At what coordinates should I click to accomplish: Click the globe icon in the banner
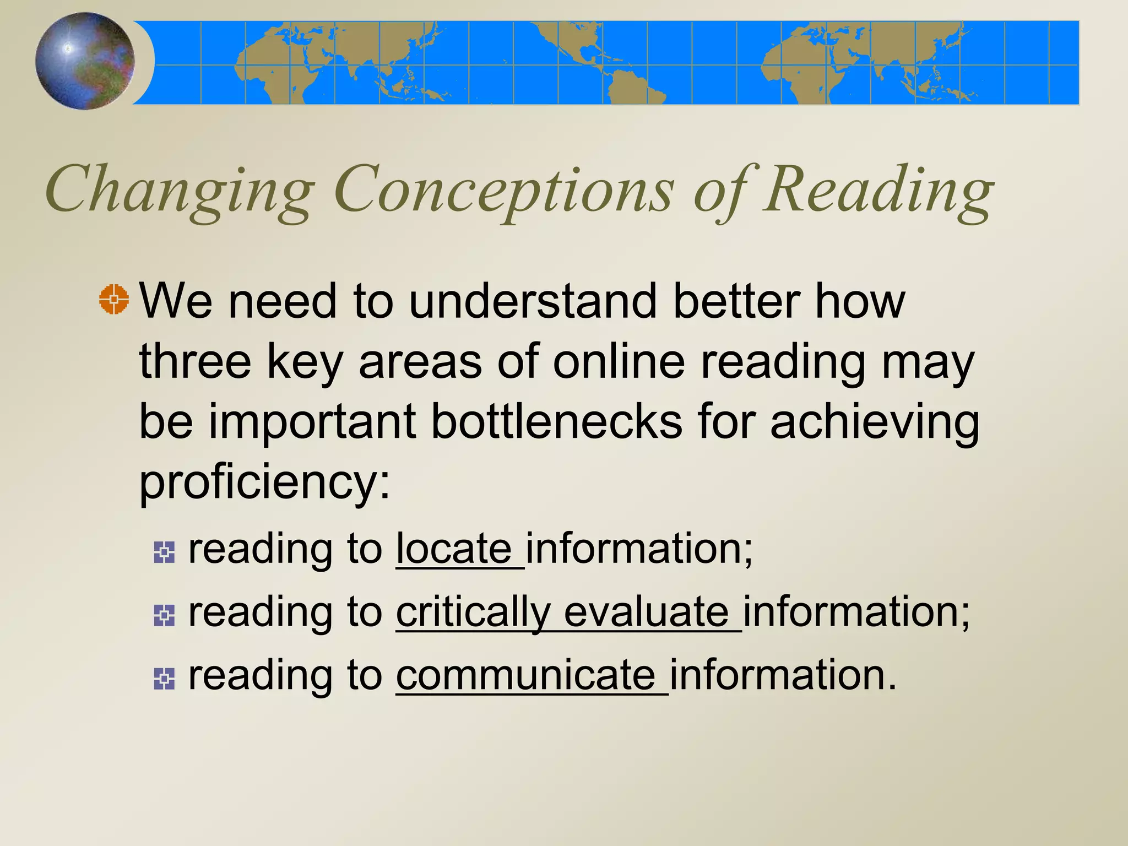(x=85, y=61)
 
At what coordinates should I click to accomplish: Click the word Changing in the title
(x=180, y=190)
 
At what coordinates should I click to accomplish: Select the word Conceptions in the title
(x=503, y=190)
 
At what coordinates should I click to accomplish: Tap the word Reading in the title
(x=878, y=190)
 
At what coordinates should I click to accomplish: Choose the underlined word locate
(x=454, y=549)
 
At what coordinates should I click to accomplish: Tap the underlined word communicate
(x=526, y=675)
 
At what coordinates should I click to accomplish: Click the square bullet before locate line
(x=164, y=552)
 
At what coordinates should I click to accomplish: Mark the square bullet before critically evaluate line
(x=164, y=615)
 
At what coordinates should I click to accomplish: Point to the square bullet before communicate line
(x=164, y=679)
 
